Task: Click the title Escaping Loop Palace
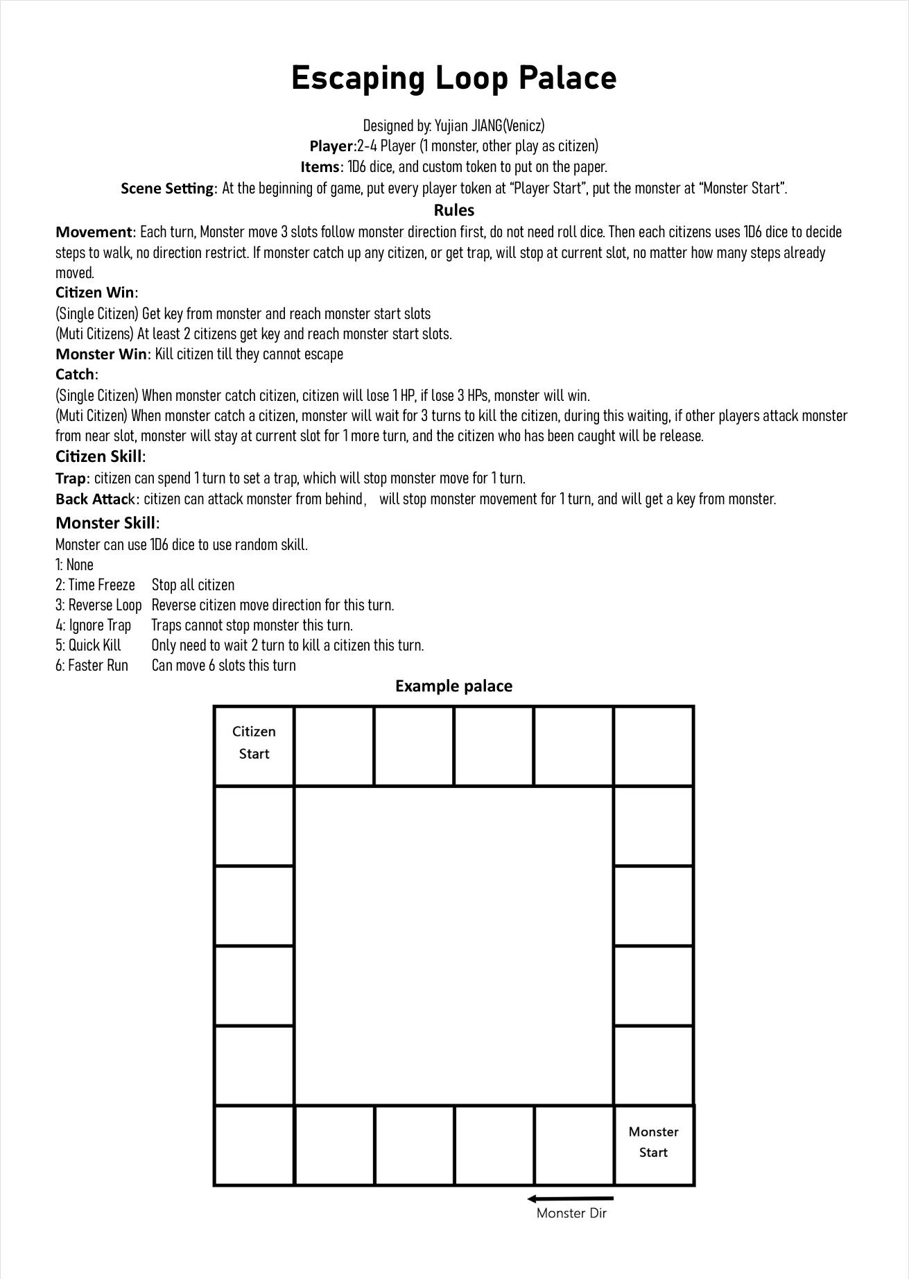(x=453, y=78)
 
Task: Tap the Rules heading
(x=453, y=210)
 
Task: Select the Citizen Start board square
(x=254, y=745)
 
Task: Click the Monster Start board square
(x=653, y=1145)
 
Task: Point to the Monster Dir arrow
(x=570, y=1199)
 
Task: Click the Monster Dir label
(x=571, y=1213)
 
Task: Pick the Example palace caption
(x=453, y=686)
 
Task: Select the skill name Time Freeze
(x=101, y=585)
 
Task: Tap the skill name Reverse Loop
(x=105, y=605)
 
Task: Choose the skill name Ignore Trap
(x=100, y=625)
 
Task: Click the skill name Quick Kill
(x=94, y=645)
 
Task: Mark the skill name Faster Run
(x=98, y=665)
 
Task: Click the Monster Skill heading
(x=107, y=522)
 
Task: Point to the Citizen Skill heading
(x=100, y=456)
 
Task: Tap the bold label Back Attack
(x=97, y=499)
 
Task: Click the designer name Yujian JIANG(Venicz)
(x=490, y=126)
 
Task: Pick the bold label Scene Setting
(x=168, y=188)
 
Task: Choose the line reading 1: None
(x=74, y=565)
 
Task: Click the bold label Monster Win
(x=101, y=354)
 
